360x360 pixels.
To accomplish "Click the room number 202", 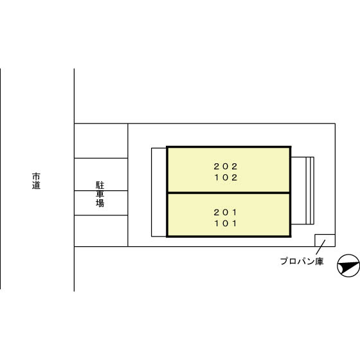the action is [x=225, y=166].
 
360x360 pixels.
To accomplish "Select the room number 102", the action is [x=226, y=177].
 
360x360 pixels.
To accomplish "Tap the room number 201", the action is [x=225, y=212].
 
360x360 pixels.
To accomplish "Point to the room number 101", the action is [x=226, y=224].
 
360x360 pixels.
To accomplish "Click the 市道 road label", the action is [x=36, y=181].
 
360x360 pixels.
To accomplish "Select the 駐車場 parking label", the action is [x=100, y=194].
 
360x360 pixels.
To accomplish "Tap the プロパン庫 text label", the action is [x=301, y=261].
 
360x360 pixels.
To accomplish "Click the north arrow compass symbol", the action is [x=348, y=265].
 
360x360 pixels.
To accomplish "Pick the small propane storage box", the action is [x=325, y=240].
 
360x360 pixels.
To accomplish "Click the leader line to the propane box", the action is [x=321, y=248].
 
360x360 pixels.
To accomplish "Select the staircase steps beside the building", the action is [x=310, y=190].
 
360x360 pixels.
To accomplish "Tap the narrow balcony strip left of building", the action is [x=159, y=192].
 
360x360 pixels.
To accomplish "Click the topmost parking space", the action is [x=101, y=141].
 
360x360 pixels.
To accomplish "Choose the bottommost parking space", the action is [x=101, y=231].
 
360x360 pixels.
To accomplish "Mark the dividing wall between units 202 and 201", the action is [x=229, y=193].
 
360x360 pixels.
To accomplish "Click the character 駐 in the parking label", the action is [x=100, y=185].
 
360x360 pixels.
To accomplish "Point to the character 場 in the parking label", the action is [x=100, y=203].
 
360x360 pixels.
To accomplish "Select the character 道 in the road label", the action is [x=36, y=185].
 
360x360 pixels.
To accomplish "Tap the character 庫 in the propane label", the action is [x=319, y=261].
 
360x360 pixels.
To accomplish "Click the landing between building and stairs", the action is [x=298, y=190].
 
